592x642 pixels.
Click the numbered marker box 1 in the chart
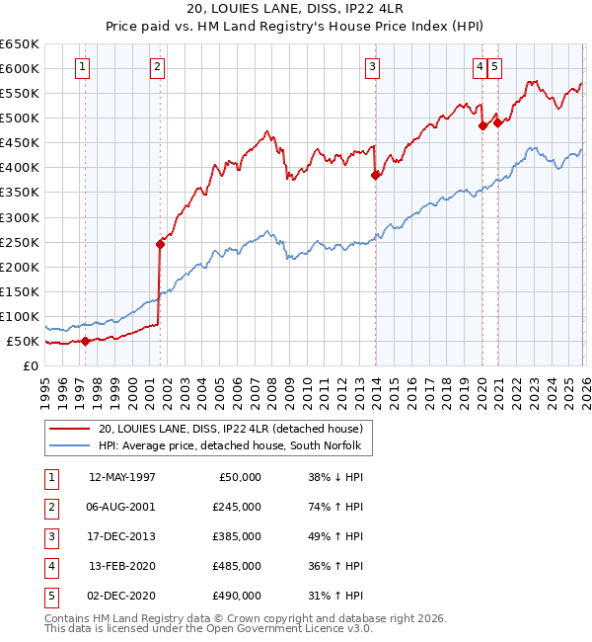coord(82,67)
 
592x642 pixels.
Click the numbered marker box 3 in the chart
coord(373,67)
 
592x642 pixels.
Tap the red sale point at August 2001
coord(159,244)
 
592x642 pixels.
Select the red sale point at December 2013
coord(375,175)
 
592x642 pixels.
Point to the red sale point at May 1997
coord(85,341)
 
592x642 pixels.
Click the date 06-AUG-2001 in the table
coord(121,506)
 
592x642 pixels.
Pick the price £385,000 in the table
coord(236,535)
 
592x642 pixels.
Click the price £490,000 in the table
coord(236,595)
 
